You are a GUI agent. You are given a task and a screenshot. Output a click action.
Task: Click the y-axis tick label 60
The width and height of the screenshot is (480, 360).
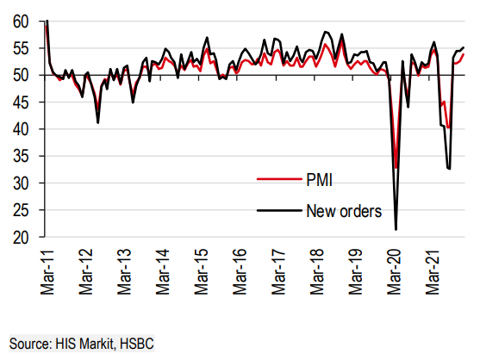tap(21, 22)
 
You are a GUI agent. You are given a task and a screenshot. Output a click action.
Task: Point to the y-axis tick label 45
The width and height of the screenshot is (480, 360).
tap(21, 102)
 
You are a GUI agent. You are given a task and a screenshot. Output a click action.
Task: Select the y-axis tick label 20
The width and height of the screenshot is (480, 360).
tap(21, 238)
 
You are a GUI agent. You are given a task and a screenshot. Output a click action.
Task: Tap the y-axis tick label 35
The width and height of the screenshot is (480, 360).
tap(21, 157)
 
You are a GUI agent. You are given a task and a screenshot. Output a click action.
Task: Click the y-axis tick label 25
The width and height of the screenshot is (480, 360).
tap(21, 211)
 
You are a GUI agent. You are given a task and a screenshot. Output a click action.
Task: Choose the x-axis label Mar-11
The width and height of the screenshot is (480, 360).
tap(47, 272)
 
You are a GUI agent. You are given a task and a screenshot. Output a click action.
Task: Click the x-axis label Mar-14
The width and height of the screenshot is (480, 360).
tap(163, 272)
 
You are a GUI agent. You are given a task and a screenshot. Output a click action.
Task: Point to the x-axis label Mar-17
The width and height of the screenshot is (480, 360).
tap(278, 272)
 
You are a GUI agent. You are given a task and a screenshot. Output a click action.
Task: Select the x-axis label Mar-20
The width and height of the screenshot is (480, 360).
tap(394, 272)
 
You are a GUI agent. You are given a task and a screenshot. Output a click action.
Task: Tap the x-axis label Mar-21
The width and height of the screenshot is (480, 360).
tap(433, 272)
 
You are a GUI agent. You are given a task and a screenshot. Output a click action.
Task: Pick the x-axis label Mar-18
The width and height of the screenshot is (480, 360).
tap(316, 272)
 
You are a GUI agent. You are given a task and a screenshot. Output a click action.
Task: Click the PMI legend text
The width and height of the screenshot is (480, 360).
tap(320, 180)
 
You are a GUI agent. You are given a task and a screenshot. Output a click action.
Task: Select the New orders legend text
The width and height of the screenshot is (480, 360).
tap(344, 211)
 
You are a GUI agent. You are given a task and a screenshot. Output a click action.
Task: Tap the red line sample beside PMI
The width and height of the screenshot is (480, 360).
tap(279, 179)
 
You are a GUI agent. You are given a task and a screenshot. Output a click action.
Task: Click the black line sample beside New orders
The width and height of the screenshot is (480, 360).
tap(279, 210)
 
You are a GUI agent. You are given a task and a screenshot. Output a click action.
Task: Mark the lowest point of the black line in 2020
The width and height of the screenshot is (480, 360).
tap(396, 230)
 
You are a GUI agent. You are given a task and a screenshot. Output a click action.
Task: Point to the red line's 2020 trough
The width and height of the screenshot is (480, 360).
tap(396, 168)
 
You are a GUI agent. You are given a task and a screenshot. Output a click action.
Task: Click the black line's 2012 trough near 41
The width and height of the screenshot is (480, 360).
tap(97, 123)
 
